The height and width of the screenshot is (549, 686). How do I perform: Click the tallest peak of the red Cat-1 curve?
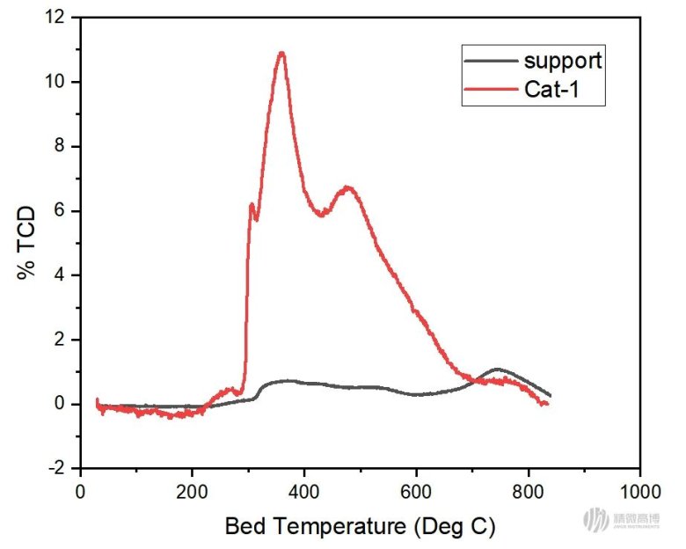[281, 54]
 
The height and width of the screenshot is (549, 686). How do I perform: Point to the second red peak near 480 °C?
[348, 187]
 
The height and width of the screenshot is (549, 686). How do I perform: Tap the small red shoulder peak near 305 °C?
[252, 205]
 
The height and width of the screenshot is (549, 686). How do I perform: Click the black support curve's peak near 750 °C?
[498, 369]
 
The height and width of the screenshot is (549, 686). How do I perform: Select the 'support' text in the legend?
[563, 61]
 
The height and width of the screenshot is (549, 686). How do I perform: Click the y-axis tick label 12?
[58, 18]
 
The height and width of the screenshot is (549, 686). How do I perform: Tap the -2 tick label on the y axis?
[58, 468]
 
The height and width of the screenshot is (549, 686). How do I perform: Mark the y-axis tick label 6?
[62, 211]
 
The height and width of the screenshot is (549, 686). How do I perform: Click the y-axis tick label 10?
[58, 82]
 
